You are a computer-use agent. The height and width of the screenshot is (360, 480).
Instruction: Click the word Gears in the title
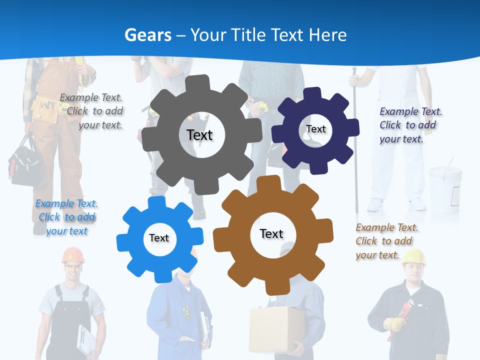point(147,35)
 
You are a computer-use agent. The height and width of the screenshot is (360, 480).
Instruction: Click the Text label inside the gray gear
point(199,135)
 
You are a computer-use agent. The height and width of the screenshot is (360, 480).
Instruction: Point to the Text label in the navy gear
point(315,129)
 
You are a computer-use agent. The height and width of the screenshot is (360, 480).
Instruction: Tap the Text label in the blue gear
point(159,238)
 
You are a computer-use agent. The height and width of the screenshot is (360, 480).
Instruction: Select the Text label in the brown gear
point(271,233)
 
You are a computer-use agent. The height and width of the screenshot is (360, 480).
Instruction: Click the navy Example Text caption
point(410,125)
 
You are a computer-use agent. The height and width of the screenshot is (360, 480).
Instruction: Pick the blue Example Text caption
point(66,217)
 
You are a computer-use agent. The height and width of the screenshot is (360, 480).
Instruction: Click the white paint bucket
point(444,187)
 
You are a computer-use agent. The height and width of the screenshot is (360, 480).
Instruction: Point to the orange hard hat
point(73,255)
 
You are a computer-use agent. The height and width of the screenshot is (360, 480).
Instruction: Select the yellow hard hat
point(413,256)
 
